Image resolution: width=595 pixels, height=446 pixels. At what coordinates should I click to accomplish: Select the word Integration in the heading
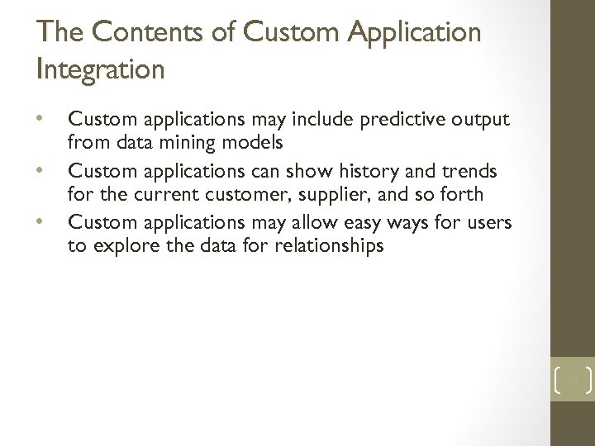click(101, 69)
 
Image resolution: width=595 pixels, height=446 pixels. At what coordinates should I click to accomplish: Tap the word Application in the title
click(410, 34)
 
